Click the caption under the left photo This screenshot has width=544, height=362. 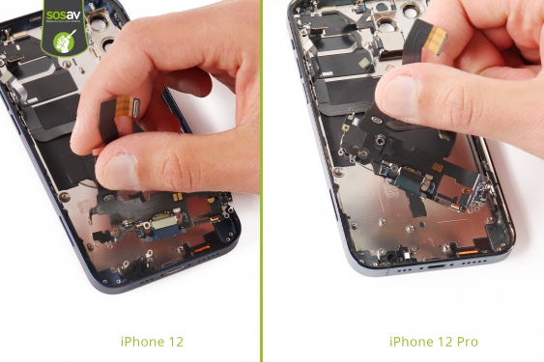152,341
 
